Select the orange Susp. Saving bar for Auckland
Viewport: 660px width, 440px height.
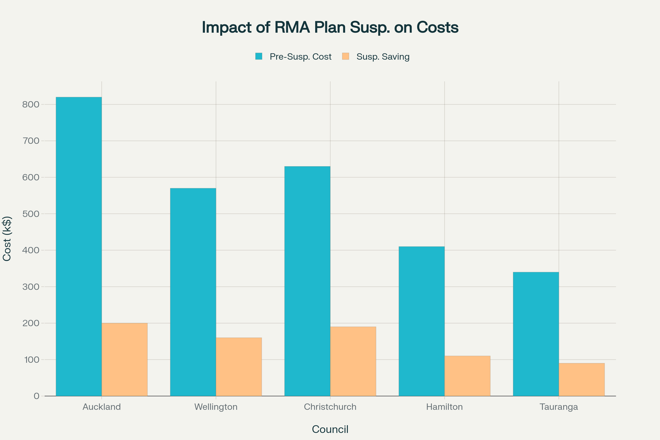[124, 359]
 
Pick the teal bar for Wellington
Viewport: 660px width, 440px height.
[193, 292]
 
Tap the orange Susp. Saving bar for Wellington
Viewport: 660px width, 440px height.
[239, 367]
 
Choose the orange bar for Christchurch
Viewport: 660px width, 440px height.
[353, 361]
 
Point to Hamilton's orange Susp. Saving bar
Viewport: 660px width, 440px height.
[467, 376]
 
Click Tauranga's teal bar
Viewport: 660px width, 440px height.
[536, 334]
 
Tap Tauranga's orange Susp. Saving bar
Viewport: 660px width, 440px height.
[581, 380]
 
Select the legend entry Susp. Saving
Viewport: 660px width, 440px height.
[383, 57]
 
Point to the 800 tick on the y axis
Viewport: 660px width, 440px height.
[31, 105]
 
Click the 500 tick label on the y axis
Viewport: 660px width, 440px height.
[31, 214]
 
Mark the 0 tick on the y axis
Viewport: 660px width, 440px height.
[36, 396]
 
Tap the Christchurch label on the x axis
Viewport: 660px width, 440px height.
[330, 407]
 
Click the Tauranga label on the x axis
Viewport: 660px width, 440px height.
[559, 407]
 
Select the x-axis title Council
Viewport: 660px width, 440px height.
[330, 429]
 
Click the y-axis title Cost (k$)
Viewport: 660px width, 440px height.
[7, 239]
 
